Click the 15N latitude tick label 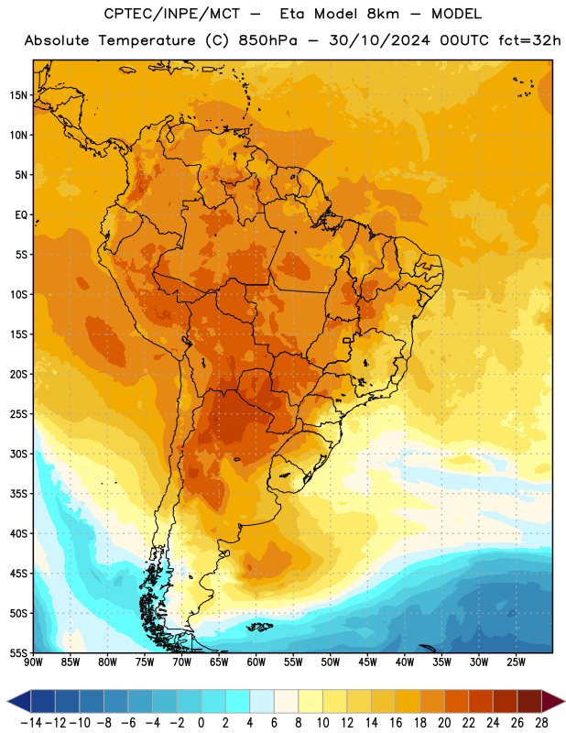(18, 95)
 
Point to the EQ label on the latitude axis (21, 215)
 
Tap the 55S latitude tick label (18, 652)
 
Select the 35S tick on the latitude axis (18, 494)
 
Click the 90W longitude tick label (33, 662)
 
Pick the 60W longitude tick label (256, 662)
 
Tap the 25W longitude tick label (516, 662)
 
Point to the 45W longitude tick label (367, 662)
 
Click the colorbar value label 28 (541, 723)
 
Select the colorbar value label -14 (31, 723)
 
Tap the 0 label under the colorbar (201, 723)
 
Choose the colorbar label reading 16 (396, 723)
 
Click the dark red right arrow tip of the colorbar (564, 701)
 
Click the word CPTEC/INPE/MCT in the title (171, 14)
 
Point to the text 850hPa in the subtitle (267, 40)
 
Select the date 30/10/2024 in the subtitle (379, 40)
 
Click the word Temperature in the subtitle (147, 41)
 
